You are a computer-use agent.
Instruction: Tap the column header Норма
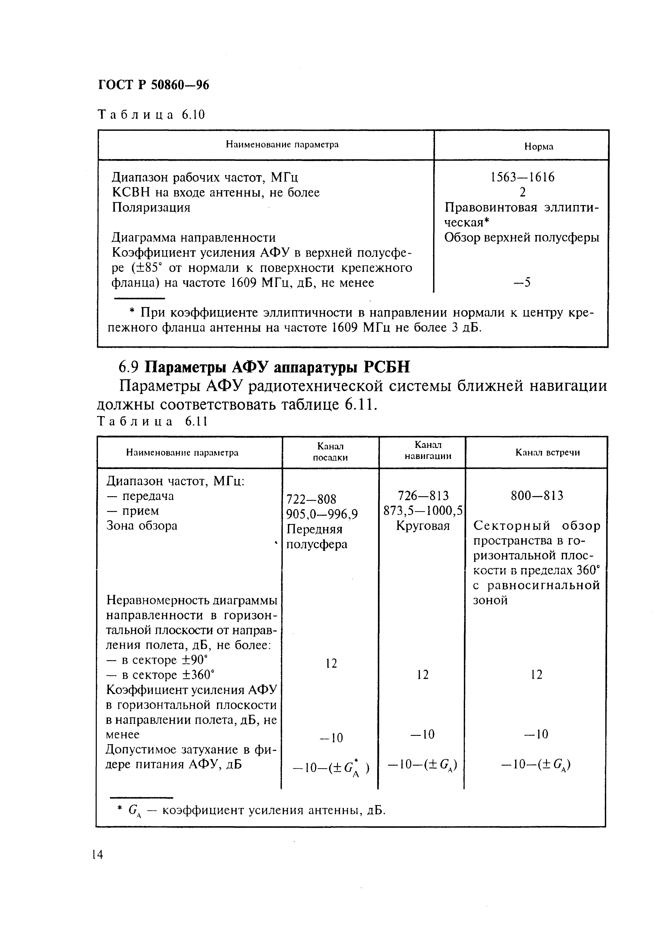tap(538, 147)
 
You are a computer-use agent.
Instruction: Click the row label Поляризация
tap(151, 208)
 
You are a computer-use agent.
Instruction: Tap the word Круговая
tap(423, 526)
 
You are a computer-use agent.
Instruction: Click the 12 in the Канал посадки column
tap(331, 663)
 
